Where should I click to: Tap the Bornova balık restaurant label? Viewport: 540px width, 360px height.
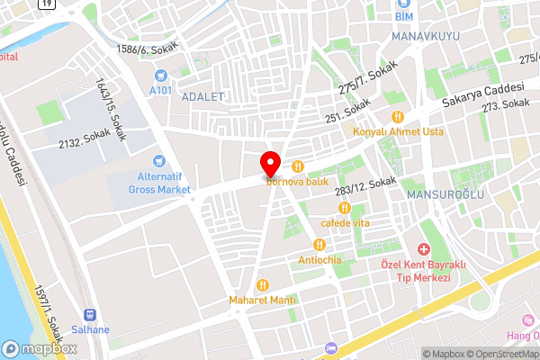click(296, 182)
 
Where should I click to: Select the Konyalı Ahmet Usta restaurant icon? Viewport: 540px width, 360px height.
click(397, 115)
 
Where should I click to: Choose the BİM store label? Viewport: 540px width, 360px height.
click(403, 14)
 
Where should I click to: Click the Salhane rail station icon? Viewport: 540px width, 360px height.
click(90, 314)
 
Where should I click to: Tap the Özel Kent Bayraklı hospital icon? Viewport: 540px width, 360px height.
click(423, 248)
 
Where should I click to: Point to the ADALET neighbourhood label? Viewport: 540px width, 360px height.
click(202, 97)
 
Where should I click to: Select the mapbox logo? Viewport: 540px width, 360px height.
click(36, 348)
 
